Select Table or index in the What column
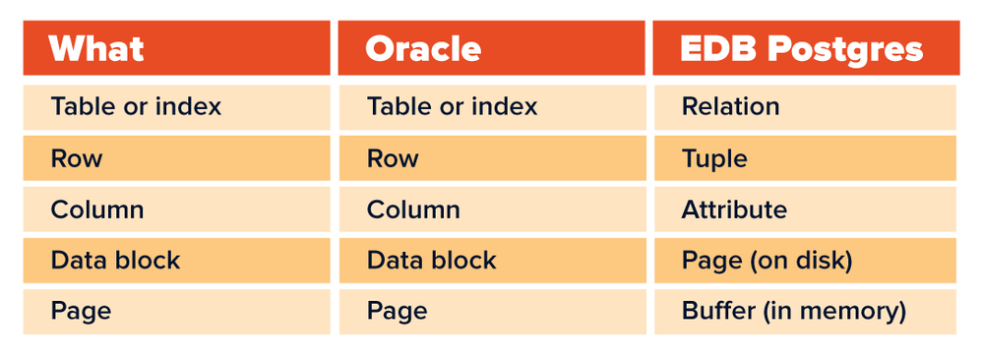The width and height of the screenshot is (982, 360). [136, 106]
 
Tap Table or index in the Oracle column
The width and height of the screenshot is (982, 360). [453, 106]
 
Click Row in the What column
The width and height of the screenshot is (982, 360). [77, 158]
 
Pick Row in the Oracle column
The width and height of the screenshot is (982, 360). [393, 158]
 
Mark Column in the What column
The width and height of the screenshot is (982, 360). [97, 210]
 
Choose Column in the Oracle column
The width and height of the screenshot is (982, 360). [413, 210]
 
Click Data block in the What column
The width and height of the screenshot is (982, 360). [115, 260]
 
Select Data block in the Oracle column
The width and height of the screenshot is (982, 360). [432, 260]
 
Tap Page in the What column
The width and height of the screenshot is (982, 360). [81, 311]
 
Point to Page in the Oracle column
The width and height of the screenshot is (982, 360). [398, 311]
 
